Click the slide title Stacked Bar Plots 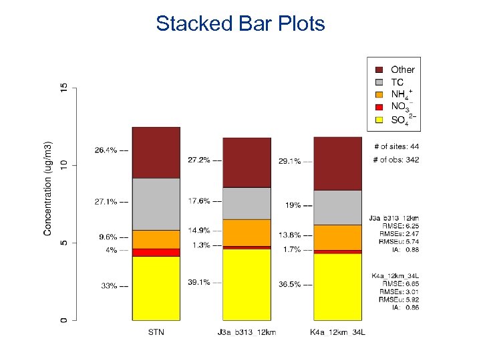[x=240, y=23]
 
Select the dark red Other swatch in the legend [x=379, y=70]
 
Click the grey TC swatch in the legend [x=379, y=82]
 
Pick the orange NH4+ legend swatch [x=379, y=94]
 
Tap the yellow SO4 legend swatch [x=379, y=120]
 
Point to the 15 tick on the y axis [x=64, y=88]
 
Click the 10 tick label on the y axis [x=64, y=164]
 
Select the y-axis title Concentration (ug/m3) [x=47, y=188]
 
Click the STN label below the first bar [x=156, y=332]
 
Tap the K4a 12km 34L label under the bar [x=337, y=332]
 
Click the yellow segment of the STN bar [x=156, y=288]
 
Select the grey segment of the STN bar [x=156, y=204]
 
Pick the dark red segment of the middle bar [x=247, y=162]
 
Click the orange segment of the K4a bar [x=337, y=237]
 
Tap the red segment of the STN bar [x=156, y=252]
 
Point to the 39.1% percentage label [x=198, y=282]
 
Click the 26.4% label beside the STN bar [x=105, y=150]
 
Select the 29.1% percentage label [x=289, y=161]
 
